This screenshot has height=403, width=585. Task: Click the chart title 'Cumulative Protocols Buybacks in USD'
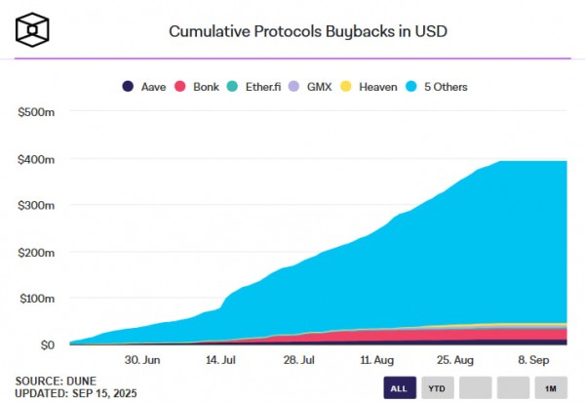309,29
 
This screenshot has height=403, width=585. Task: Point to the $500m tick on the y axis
36,112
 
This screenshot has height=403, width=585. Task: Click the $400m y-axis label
36,159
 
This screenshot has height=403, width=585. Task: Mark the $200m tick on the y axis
36,252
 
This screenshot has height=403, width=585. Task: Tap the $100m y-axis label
36,299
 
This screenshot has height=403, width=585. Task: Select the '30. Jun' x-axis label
143,360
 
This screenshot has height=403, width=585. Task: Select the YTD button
437,387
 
